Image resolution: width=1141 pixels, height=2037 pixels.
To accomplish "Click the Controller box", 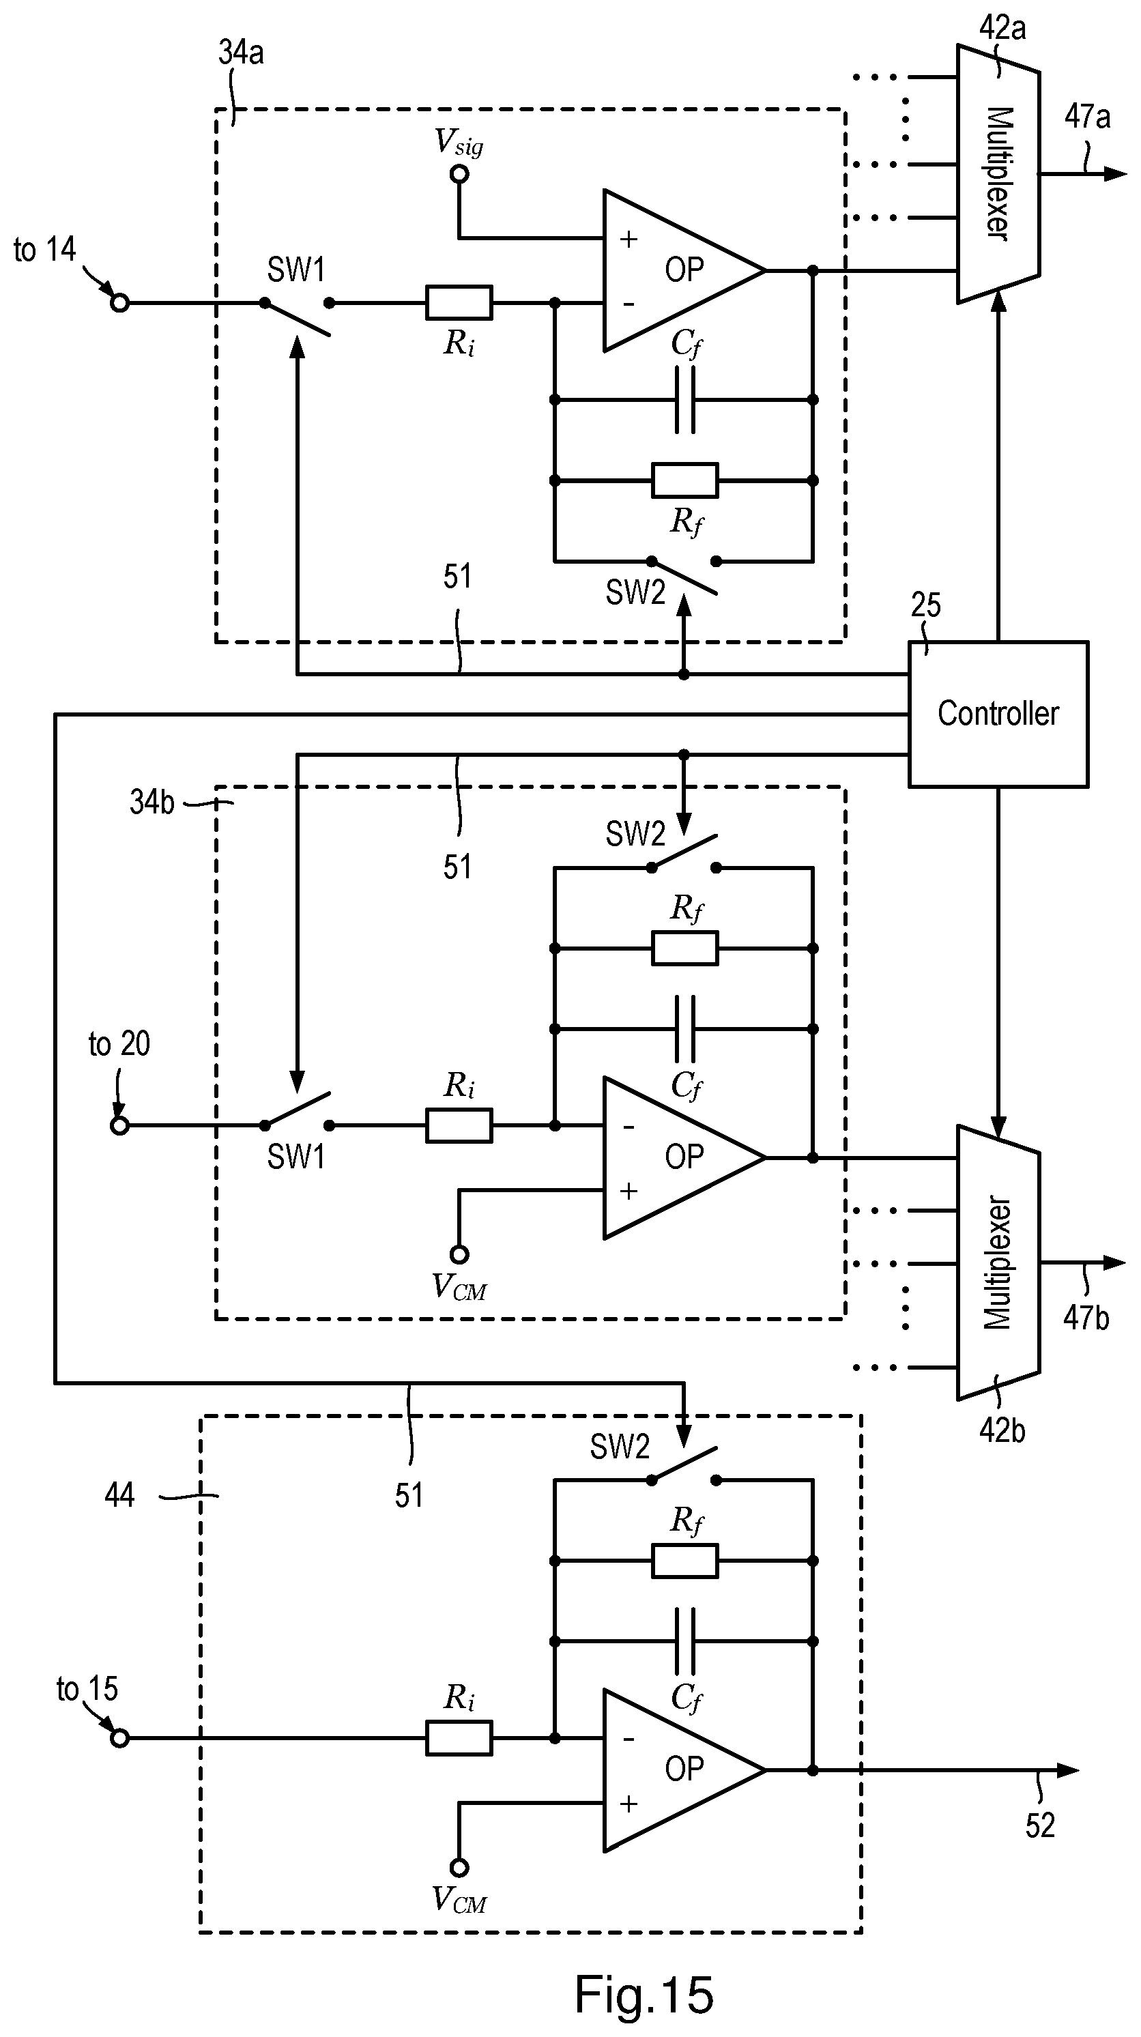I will [998, 714].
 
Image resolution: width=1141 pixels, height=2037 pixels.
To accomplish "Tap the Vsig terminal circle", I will [459, 174].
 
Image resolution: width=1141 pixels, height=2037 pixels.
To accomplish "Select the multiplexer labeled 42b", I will [998, 1263].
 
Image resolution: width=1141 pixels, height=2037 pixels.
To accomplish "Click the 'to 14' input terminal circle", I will [119, 303].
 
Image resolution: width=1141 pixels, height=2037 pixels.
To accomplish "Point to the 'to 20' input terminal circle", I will [119, 1125].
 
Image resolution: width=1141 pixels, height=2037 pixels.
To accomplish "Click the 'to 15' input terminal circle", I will [119, 1738].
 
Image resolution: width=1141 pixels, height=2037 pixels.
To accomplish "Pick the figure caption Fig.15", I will [644, 1993].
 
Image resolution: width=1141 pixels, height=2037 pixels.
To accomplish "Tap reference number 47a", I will [1086, 117].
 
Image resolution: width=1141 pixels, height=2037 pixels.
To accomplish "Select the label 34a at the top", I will [240, 53].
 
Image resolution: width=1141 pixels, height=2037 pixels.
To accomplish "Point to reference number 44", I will [119, 1495].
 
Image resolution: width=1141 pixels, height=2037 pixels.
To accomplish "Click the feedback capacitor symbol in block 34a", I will [684, 400].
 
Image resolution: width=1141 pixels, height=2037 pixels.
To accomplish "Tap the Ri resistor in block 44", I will [459, 1738].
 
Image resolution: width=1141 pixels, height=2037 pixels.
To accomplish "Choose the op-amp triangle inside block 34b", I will [672, 1157].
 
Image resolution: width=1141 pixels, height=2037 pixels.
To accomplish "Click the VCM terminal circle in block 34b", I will [459, 1255].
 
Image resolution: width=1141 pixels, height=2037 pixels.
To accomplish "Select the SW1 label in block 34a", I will [295, 270].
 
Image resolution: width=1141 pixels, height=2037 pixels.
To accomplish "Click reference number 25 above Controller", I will [925, 606].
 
